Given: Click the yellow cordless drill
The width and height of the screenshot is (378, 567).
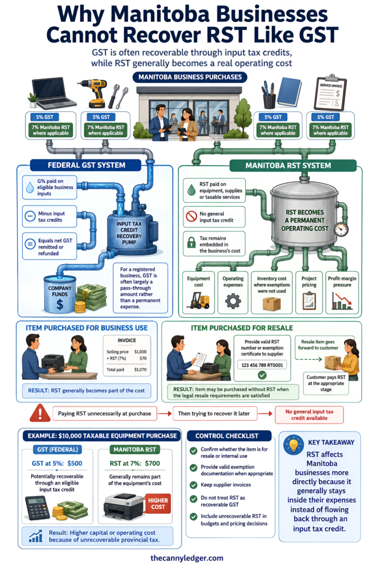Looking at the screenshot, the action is click(93, 93).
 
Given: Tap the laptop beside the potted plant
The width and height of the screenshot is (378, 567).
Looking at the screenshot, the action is click(54, 93).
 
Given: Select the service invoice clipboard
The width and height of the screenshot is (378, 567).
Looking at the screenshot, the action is click(330, 92).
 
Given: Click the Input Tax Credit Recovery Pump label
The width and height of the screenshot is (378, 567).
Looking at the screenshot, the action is click(129, 233).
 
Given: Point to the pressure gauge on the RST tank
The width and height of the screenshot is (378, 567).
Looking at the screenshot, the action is click(341, 229).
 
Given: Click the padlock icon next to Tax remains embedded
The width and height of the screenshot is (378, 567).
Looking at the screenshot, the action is click(191, 242).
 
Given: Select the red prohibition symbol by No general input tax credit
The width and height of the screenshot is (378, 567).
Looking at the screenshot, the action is click(191, 217).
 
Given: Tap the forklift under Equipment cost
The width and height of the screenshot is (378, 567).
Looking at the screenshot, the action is click(198, 300).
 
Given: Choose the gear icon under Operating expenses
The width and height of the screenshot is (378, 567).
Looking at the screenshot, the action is click(233, 301).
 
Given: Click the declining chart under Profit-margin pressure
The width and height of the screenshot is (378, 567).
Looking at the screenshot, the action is click(342, 301).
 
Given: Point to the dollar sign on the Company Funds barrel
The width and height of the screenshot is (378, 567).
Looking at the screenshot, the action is click(60, 305).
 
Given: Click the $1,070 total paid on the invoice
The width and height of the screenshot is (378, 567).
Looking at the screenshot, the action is click(140, 369).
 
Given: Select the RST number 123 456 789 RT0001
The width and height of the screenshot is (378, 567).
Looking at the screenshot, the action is click(262, 365).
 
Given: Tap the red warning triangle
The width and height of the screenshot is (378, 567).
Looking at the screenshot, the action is click(40, 413).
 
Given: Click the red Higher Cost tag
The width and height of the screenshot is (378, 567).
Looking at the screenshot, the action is click(158, 504).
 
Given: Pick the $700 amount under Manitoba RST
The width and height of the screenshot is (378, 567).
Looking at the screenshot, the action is click(152, 463).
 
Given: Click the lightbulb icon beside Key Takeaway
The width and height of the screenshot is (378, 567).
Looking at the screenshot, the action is click(294, 445).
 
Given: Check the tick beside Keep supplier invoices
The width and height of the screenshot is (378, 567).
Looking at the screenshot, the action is click(193, 485).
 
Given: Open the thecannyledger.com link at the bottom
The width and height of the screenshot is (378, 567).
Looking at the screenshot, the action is click(187, 558).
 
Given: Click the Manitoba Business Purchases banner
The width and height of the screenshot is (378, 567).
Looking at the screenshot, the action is click(190, 77).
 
